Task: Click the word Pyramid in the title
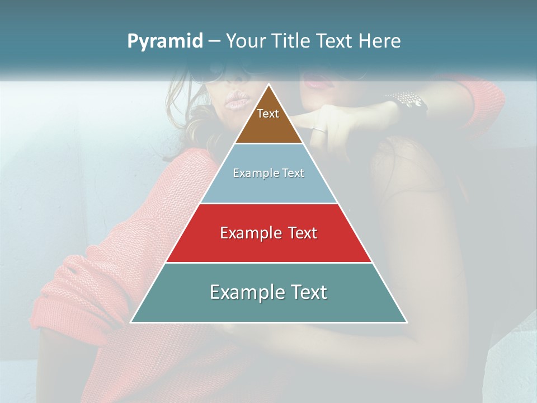[x=164, y=41]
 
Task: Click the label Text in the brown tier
[x=268, y=114]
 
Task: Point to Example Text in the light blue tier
[x=268, y=173]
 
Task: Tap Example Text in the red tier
[x=268, y=233]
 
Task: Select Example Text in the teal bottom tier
[x=268, y=292]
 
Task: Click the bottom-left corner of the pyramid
[x=131, y=322]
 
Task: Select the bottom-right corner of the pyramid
[x=407, y=322]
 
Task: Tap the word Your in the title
[x=247, y=41]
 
